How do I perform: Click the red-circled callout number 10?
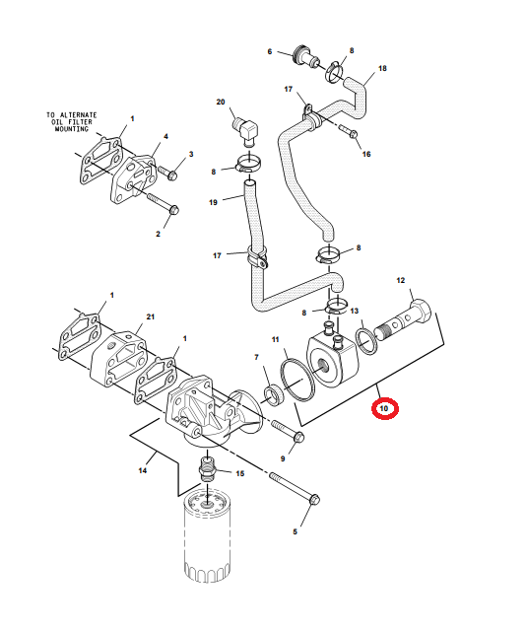(x=384, y=408)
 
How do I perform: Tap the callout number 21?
(x=150, y=316)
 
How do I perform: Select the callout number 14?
(x=143, y=470)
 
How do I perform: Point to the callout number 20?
(x=221, y=103)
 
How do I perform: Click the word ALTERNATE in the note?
(x=79, y=115)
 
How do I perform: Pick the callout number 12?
(x=401, y=280)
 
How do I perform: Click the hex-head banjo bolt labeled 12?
(x=403, y=320)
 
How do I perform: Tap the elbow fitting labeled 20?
(x=245, y=129)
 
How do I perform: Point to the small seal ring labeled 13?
(x=366, y=341)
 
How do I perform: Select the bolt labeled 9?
(x=289, y=430)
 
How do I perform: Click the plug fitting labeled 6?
(x=306, y=57)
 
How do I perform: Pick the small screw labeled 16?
(x=349, y=130)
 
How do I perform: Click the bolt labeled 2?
(x=163, y=204)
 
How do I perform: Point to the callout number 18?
(x=382, y=68)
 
